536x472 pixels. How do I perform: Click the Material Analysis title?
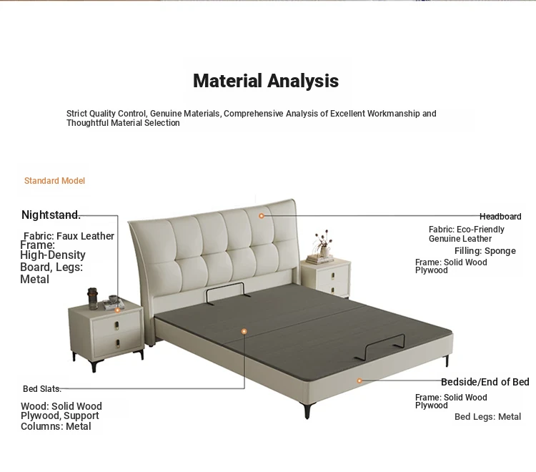tap(266, 81)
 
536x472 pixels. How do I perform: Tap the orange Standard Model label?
tap(54, 181)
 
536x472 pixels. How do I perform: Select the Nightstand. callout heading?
tap(51, 215)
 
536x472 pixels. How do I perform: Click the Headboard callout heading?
tap(500, 217)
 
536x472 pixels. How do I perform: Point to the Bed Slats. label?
tap(42, 389)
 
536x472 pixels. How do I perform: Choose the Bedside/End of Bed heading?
tap(485, 382)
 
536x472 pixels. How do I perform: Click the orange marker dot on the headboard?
tap(262, 216)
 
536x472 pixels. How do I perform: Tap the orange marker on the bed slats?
tap(244, 331)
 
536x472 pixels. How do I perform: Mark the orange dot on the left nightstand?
tap(117, 310)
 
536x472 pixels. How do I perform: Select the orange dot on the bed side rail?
tap(359, 380)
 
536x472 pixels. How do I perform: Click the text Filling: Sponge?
tap(485, 251)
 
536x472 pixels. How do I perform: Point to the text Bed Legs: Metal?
tap(488, 417)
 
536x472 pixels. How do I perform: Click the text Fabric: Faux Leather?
tap(69, 236)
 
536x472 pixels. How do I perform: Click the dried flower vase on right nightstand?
tap(323, 245)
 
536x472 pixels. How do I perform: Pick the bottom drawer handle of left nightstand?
tap(118, 343)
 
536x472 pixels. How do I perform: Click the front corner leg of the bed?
tap(307, 410)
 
